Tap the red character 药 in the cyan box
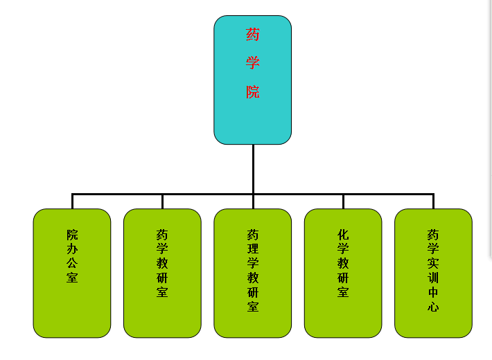coord(253,34)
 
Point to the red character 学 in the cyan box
coord(253,63)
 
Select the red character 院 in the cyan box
coord(253,91)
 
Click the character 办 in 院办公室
coord(72,249)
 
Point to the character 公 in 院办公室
coord(72,264)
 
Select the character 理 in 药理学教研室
coord(253,249)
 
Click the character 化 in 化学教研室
coord(343,235)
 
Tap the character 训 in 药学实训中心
coord(433,278)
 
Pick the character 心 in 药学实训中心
coord(433,307)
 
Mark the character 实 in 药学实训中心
coord(433,264)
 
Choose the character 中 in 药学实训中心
coord(433,292)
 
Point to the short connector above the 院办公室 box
coord(72,201)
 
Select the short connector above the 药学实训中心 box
coord(433,201)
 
